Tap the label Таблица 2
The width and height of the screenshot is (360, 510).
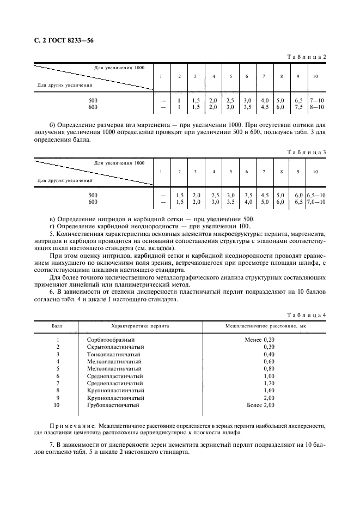click(x=306, y=57)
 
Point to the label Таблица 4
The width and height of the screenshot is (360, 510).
click(x=306, y=315)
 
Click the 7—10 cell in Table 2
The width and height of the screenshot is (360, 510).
click(x=316, y=101)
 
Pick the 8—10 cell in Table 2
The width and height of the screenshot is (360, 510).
click(x=316, y=107)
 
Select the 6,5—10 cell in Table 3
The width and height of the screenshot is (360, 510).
click(x=316, y=195)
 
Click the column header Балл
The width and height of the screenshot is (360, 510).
click(x=57, y=326)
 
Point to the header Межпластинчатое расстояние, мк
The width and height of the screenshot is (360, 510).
click(x=265, y=326)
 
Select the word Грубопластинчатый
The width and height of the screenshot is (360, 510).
click(x=113, y=405)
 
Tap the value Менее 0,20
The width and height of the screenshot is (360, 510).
click(x=260, y=339)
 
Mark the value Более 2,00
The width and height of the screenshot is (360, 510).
click(x=260, y=405)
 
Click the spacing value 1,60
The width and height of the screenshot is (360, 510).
click(x=269, y=390)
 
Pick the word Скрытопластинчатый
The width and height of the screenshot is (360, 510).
click(x=115, y=347)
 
